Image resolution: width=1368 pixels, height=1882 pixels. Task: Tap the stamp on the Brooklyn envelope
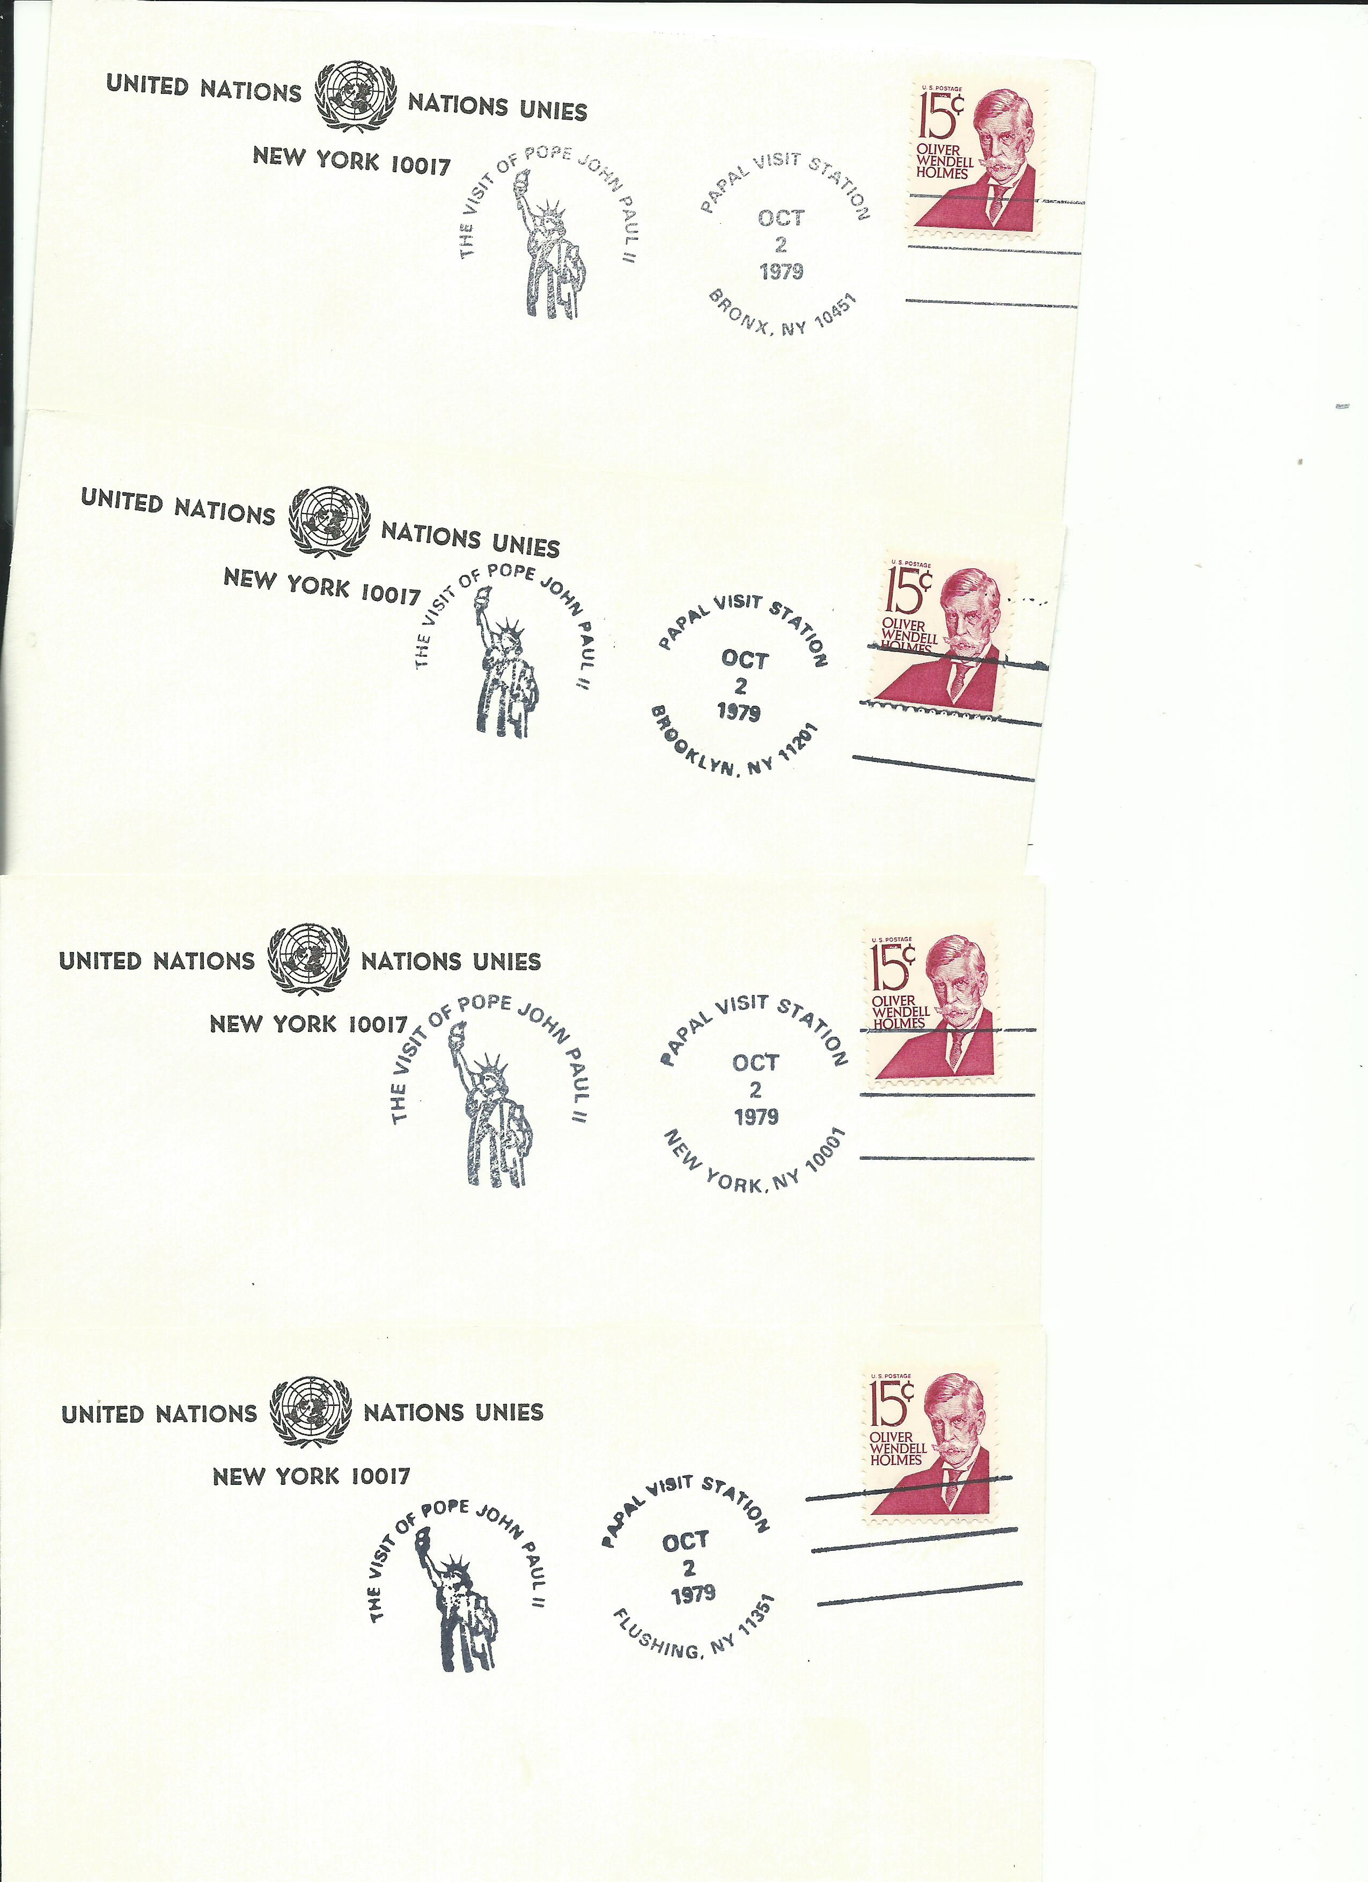tap(943, 634)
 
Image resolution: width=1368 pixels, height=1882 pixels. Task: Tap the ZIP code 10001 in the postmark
tap(824, 1152)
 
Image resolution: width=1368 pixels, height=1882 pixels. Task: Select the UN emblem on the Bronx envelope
tap(355, 94)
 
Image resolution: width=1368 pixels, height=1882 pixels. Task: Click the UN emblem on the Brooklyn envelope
tap(329, 521)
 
